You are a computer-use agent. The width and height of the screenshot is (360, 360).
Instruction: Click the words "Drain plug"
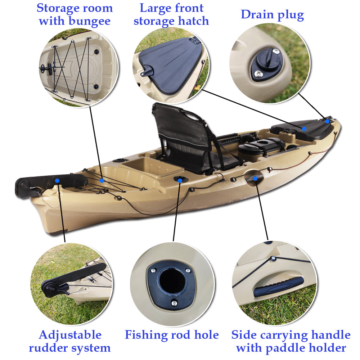[x=272, y=15]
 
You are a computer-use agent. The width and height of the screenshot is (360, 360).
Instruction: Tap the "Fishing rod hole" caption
[x=172, y=335]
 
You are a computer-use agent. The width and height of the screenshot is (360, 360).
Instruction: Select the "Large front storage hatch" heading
[x=171, y=14]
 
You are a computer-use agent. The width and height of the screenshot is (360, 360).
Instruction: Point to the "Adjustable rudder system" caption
[x=70, y=341]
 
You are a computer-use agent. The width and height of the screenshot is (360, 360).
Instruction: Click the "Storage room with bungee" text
[x=75, y=14]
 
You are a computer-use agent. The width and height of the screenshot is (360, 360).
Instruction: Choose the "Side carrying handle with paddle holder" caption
[x=291, y=341]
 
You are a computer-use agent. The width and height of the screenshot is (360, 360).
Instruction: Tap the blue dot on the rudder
[x=57, y=180]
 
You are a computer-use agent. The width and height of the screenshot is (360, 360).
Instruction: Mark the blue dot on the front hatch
[x=304, y=129]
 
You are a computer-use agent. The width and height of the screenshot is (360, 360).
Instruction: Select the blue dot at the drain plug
[x=327, y=121]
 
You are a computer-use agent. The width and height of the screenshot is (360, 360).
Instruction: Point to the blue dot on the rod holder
[x=180, y=179]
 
